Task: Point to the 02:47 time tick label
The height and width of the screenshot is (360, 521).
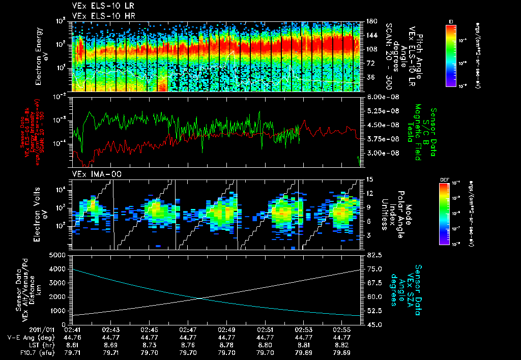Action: coord(188,329)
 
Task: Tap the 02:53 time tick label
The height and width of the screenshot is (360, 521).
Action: coord(304,329)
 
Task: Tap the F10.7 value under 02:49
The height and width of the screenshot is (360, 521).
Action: coord(227,352)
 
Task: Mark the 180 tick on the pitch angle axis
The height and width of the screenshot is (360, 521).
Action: coord(370,22)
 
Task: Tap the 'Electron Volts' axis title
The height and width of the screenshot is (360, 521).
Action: coord(39,214)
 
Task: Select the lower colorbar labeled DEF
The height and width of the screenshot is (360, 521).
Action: coord(443,214)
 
